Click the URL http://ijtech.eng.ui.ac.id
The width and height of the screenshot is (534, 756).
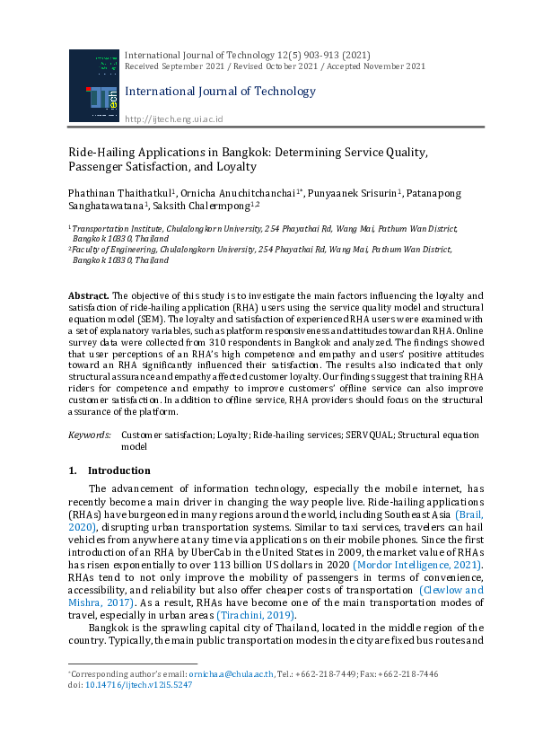pos(173,119)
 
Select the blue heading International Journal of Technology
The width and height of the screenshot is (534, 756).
pos(220,92)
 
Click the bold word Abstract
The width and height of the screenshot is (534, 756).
pos(89,295)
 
